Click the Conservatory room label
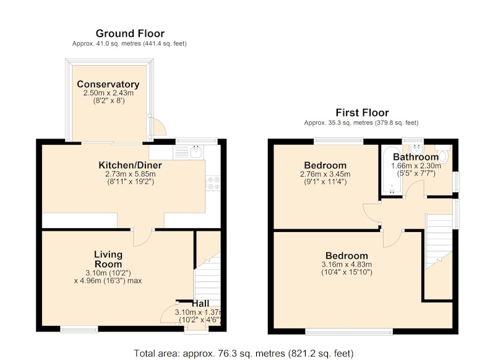tap(108, 84)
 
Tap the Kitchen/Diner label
tap(130, 165)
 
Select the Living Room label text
tap(108, 259)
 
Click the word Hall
tap(200, 304)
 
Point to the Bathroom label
tap(416, 157)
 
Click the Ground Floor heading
tap(130, 33)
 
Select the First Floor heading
tap(362, 113)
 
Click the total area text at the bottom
tap(243, 353)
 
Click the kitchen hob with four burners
tap(213, 183)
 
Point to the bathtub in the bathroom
tap(392, 170)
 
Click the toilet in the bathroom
tap(443, 153)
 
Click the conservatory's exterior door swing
tap(159, 126)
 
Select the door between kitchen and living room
tap(142, 238)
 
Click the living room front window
tap(79, 330)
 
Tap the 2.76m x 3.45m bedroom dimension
tap(325, 174)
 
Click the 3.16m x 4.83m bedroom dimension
tap(346, 264)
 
